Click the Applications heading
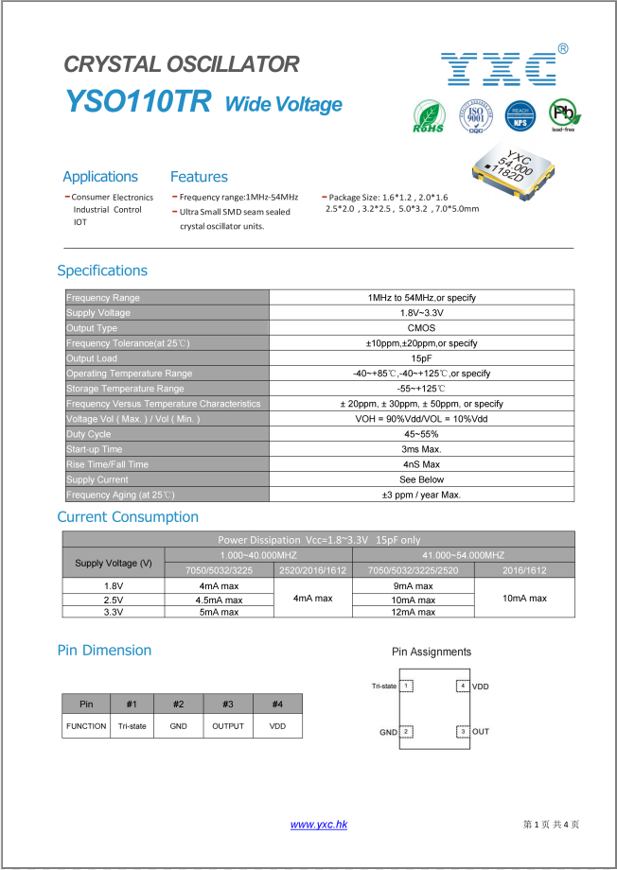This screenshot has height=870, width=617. [x=100, y=177]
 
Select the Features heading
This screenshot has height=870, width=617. [x=199, y=177]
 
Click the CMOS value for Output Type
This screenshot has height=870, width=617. [x=421, y=328]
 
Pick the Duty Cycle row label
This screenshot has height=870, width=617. [x=89, y=434]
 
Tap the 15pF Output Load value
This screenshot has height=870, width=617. [x=421, y=358]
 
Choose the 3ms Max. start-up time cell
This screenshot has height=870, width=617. [x=421, y=449]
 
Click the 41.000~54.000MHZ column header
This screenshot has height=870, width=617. [x=463, y=555]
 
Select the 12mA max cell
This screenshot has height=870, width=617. [x=413, y=612]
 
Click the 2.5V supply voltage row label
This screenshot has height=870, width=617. [x=114, y=600]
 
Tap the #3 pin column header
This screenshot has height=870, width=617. [x=228, y=704]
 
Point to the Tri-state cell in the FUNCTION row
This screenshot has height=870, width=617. [x=132, y=726]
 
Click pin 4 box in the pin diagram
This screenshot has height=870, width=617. [x=462, y=686]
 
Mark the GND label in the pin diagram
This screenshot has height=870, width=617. [x=388, y=732]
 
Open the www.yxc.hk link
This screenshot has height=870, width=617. [x=319, y=825]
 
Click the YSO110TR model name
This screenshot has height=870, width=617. [x=138, y=102]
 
